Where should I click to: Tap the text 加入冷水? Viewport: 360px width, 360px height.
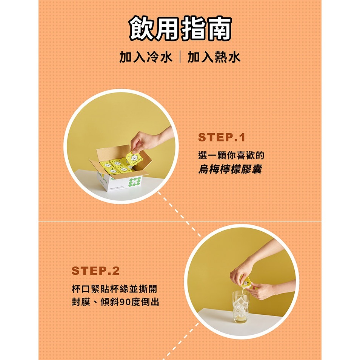(x=146, y=57)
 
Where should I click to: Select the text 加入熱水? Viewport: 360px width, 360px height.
(x=214, y=57)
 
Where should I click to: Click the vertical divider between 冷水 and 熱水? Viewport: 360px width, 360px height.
(x=180, y=57)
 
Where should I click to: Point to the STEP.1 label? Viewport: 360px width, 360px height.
(x=222, y=137)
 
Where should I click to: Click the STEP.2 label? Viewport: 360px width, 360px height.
(x=95, y=271)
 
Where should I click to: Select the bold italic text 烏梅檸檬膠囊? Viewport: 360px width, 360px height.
(x=230, y=169)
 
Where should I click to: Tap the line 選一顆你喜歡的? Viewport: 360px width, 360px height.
(x=231, y=155)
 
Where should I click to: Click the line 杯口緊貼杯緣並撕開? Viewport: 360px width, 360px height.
(x=114, y=289)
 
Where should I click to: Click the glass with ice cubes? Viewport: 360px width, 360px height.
(x=241, y=307)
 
